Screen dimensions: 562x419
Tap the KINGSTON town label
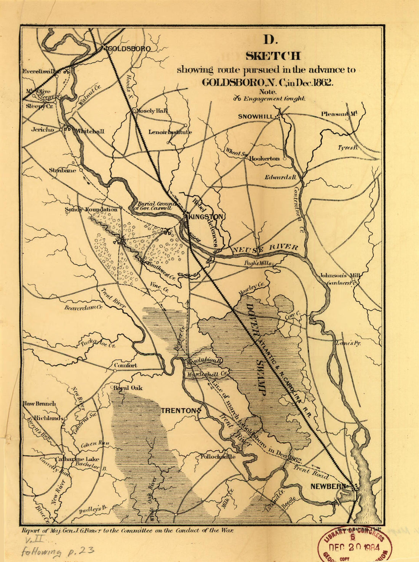tap(206, 217)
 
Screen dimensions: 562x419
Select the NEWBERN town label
tap(328, 486)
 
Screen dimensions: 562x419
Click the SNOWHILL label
tap(256, 116)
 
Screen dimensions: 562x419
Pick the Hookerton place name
tap(264, 158)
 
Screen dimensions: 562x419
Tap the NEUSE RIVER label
tap(265, 248)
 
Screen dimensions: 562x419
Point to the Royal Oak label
tap(128, 388)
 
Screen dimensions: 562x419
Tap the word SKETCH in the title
tap(273, 56)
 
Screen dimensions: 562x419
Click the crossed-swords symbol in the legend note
tap(237, 99)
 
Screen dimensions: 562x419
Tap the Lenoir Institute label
tap(170, 132)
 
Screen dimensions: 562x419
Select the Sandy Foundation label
tap(91, 209)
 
